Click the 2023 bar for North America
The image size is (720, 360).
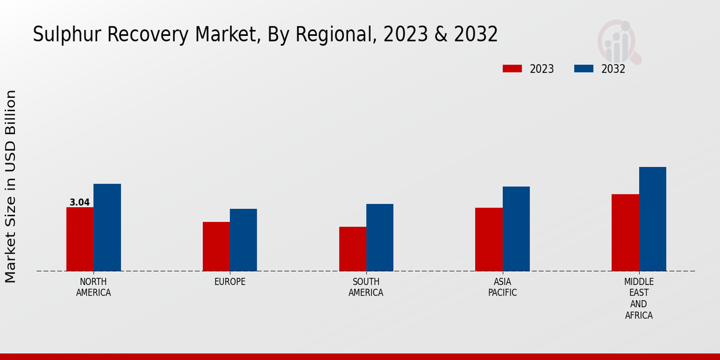pyautogui.click(x=80, y=239)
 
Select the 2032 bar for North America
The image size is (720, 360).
pyautogui.click(x=107, y=227)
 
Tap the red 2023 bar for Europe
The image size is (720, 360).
pyautogui.click(x=216, y=247)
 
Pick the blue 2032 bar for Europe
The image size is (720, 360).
pyautogui.click(x=244, y=240)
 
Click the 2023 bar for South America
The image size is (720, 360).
pyautogui.click(x=353, y=249)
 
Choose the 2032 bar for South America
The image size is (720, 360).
pyautogui.click(x=380, y=238)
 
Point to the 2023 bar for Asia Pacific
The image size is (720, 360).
pyautogui.click(x=489, y=239)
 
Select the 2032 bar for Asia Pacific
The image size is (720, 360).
pyautogui.click(x=516, y=229)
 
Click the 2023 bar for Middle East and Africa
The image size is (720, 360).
pyautogui.click(x=625, y=233)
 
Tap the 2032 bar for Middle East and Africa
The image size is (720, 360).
pyautogui.click(x=653, y=219)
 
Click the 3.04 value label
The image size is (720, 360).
pyautogui.click(x=80, y=202)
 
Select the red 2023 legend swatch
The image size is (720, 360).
pyautogui.click(x=512, y=68)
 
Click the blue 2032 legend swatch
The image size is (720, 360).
pyautogui.click(x=584, y=68)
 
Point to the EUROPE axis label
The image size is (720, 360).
pyautogui.click(x=230, y=282)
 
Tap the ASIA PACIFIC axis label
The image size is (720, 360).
pyautogui.click(x=502, y=287)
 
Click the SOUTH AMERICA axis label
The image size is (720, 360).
pyautogui.click(x=366, y=287)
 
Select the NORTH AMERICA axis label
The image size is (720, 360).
pyautogui.click(x=94, y=287)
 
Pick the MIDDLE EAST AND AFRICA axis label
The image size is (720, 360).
pyautogui.click(x=639, y=298)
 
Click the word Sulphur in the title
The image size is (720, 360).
pyautogui.click(x=65, y=35)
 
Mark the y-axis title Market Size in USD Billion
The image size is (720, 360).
pyautogui.click(x=11, y=186)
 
